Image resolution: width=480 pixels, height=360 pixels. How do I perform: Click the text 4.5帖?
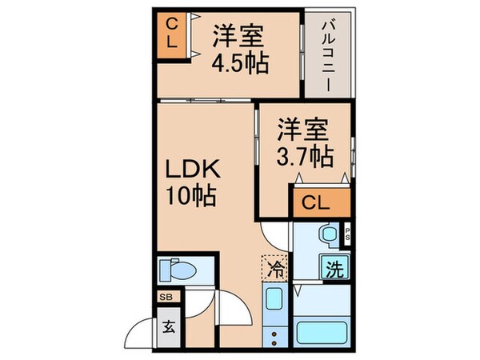(239, 62)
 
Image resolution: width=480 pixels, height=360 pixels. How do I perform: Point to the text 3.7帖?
(305, 156)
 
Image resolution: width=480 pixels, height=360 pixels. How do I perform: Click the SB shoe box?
(166, 297)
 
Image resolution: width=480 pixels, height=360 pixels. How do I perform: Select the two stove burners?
(274, 337)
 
